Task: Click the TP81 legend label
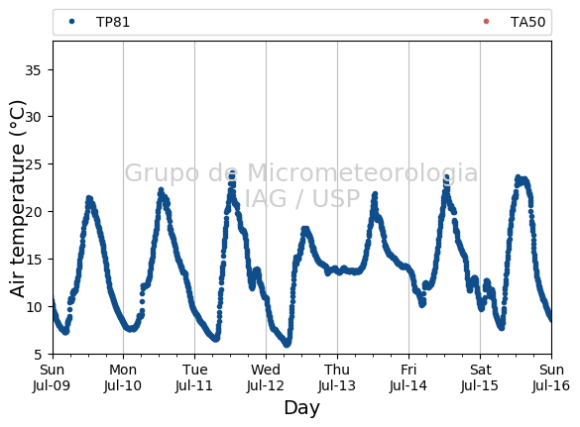coord(113,22)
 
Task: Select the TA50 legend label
coord(527,22)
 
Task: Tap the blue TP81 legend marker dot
coord(71,22)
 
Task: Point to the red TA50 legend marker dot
coord(486,22)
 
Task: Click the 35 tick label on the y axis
coord(33,70)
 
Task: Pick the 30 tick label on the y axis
coord(33,117)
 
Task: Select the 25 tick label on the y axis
coord(33,164)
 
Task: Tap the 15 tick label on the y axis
coord(33,260)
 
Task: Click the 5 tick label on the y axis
coord(38,355)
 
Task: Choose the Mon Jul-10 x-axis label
coord(123,377)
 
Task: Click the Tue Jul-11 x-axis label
coord(194,377)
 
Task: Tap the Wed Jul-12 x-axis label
coord(266,377)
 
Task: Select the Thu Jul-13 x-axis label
coord(337,377)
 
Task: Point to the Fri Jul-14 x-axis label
coord(408,377)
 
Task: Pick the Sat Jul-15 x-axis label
coord(480,377)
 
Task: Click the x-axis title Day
coord(301,408)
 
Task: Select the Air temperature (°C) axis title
coord(17,198)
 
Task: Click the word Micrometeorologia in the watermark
coord(363,172)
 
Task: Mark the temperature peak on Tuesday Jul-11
coord(232,173)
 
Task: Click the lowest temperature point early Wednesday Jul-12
coord(287,344)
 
